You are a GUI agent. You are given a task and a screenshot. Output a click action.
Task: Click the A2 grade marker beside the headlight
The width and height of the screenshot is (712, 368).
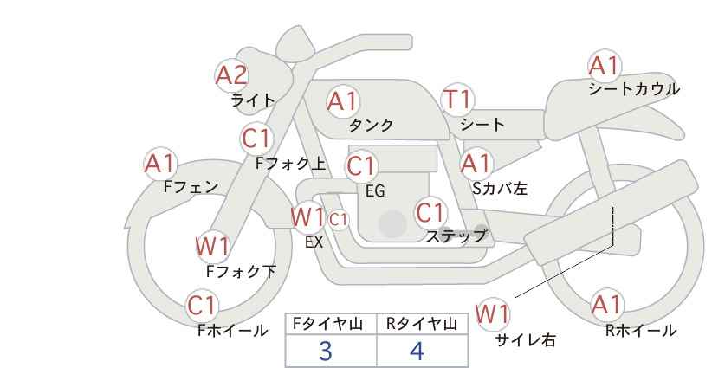point(231,75)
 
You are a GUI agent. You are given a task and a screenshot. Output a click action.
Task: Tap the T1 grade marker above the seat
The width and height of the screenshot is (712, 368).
point(457,100)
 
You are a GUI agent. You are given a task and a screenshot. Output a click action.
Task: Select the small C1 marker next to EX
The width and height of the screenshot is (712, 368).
point(339,220)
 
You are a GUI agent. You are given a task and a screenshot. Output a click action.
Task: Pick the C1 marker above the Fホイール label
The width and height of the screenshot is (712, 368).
point(202,306)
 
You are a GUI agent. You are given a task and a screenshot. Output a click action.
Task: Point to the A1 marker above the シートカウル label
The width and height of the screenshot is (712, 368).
point(605,67)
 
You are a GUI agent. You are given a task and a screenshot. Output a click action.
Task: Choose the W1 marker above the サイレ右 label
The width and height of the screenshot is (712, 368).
point(493,314)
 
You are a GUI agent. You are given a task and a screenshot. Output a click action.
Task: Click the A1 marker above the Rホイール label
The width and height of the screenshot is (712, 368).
point(606,306)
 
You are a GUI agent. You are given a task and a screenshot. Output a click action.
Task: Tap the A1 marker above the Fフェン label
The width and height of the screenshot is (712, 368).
point(160,164)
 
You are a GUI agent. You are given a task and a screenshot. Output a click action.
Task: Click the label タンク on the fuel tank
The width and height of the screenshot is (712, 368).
point(371,126)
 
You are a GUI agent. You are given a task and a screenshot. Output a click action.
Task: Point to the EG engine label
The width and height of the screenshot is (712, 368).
point(375,191)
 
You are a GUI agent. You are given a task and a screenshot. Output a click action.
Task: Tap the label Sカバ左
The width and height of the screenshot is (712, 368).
point(500,188)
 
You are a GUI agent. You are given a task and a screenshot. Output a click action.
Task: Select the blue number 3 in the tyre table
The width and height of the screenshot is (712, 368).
point(326,351)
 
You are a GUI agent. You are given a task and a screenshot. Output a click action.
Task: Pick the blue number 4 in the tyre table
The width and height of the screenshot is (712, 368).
point(417,351)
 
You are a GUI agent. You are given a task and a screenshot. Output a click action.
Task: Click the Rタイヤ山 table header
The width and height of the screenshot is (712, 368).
point(422,324)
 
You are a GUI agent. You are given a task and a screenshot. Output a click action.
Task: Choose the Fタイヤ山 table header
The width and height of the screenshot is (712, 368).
point(327,324)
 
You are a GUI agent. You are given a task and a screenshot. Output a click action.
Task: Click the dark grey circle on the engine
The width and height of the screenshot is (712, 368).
point(392,223)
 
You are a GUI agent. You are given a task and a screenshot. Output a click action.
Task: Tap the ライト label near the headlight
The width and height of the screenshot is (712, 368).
point(253,100)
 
